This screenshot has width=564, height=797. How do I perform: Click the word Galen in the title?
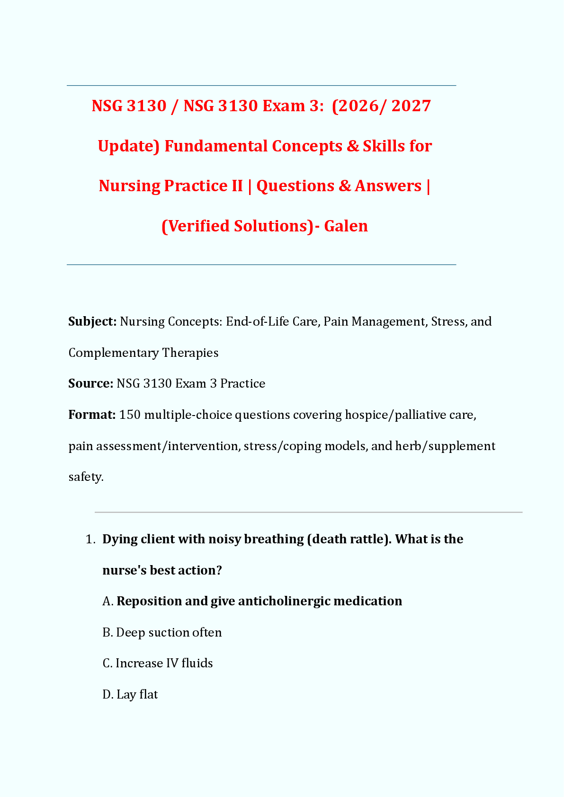[346, 226]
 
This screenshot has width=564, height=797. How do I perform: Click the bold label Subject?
[92, 322]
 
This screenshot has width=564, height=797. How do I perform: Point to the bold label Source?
[90, 383]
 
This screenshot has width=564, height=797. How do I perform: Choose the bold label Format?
[92, 415]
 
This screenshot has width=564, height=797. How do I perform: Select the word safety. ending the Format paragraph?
[86, 477]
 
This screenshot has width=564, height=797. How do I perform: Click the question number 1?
[90, 540]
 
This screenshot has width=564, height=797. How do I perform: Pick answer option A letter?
[107, 602]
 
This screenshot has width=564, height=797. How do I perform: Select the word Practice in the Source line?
[242, 383]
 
